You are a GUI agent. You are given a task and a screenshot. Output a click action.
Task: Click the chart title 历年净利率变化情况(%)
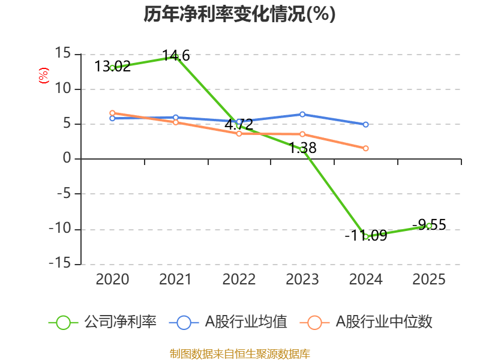tap(239, 14)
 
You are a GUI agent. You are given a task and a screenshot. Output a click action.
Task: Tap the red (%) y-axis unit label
tap(43, 76)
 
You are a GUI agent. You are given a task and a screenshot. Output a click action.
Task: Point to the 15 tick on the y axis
tap(62, 54)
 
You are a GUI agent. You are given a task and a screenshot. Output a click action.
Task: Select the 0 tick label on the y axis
tap(67, 159)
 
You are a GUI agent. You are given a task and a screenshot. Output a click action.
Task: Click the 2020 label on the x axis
tap(112, 279)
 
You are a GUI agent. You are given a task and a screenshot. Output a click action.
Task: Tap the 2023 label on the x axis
tap(302, 279)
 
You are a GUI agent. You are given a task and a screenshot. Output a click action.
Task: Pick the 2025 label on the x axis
tap(429, 279)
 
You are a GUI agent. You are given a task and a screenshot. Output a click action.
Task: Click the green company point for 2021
tap(175, 56)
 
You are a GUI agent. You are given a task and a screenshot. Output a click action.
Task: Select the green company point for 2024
tap(366, 236)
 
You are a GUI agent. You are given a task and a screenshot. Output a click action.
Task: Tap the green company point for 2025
tap(429, 226)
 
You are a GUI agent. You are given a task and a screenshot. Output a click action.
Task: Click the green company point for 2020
tap(112, 68)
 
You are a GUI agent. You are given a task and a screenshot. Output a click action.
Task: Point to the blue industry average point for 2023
tap(302, 114)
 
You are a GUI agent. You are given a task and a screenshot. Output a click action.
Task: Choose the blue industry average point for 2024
tap(366, 124)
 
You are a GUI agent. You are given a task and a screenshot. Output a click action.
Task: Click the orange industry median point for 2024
tap(366, 148)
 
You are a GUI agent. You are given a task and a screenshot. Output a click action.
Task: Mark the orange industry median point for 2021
tap(175, 122)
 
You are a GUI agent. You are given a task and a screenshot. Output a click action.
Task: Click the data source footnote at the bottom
tap(239, 353)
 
